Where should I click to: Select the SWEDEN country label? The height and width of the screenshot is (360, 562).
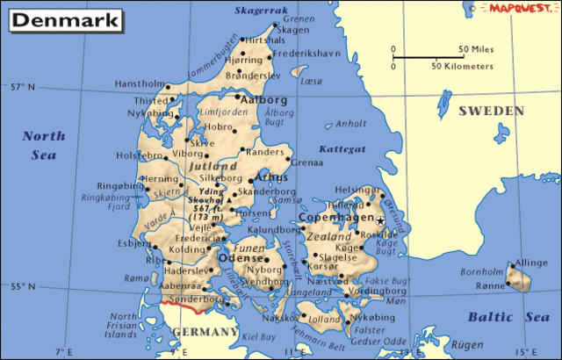click(x=490, y=112)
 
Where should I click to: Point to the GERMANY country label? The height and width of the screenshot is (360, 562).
click(x=205, y=332)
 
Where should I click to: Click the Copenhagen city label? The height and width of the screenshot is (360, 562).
click(x=336, y=217)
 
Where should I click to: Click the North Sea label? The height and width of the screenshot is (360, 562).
click(x=43, y=145)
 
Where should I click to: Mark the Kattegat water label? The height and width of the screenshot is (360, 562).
click(x=342, y=149)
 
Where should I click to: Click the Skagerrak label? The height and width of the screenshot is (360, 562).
click(x=262, y=11)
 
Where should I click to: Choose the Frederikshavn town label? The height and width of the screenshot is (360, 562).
click(x=305, y=53)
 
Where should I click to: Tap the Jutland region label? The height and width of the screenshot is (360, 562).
click(x=213, y=166)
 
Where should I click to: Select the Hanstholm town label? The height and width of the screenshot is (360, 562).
click(x=139, y=84)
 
